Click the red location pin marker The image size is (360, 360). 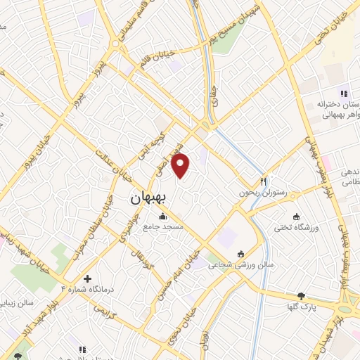pyautogui.click(x=181, y=165)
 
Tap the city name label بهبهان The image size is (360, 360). pyautogui.click(x=149, y=199)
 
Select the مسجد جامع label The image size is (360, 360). pyautogui.click(x=164, y=227)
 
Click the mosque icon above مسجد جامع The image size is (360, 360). pyautogui.click(x=163, y=217)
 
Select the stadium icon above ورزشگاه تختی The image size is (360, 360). pyautogui.click(x=296, y=216)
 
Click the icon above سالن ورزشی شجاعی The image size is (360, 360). pyautogui.click(x=241, y=253)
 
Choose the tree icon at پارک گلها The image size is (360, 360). pyautogui.click(x=302, y=296)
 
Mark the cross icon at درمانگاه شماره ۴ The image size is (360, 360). pyautogui.click(x=87, y=278)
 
